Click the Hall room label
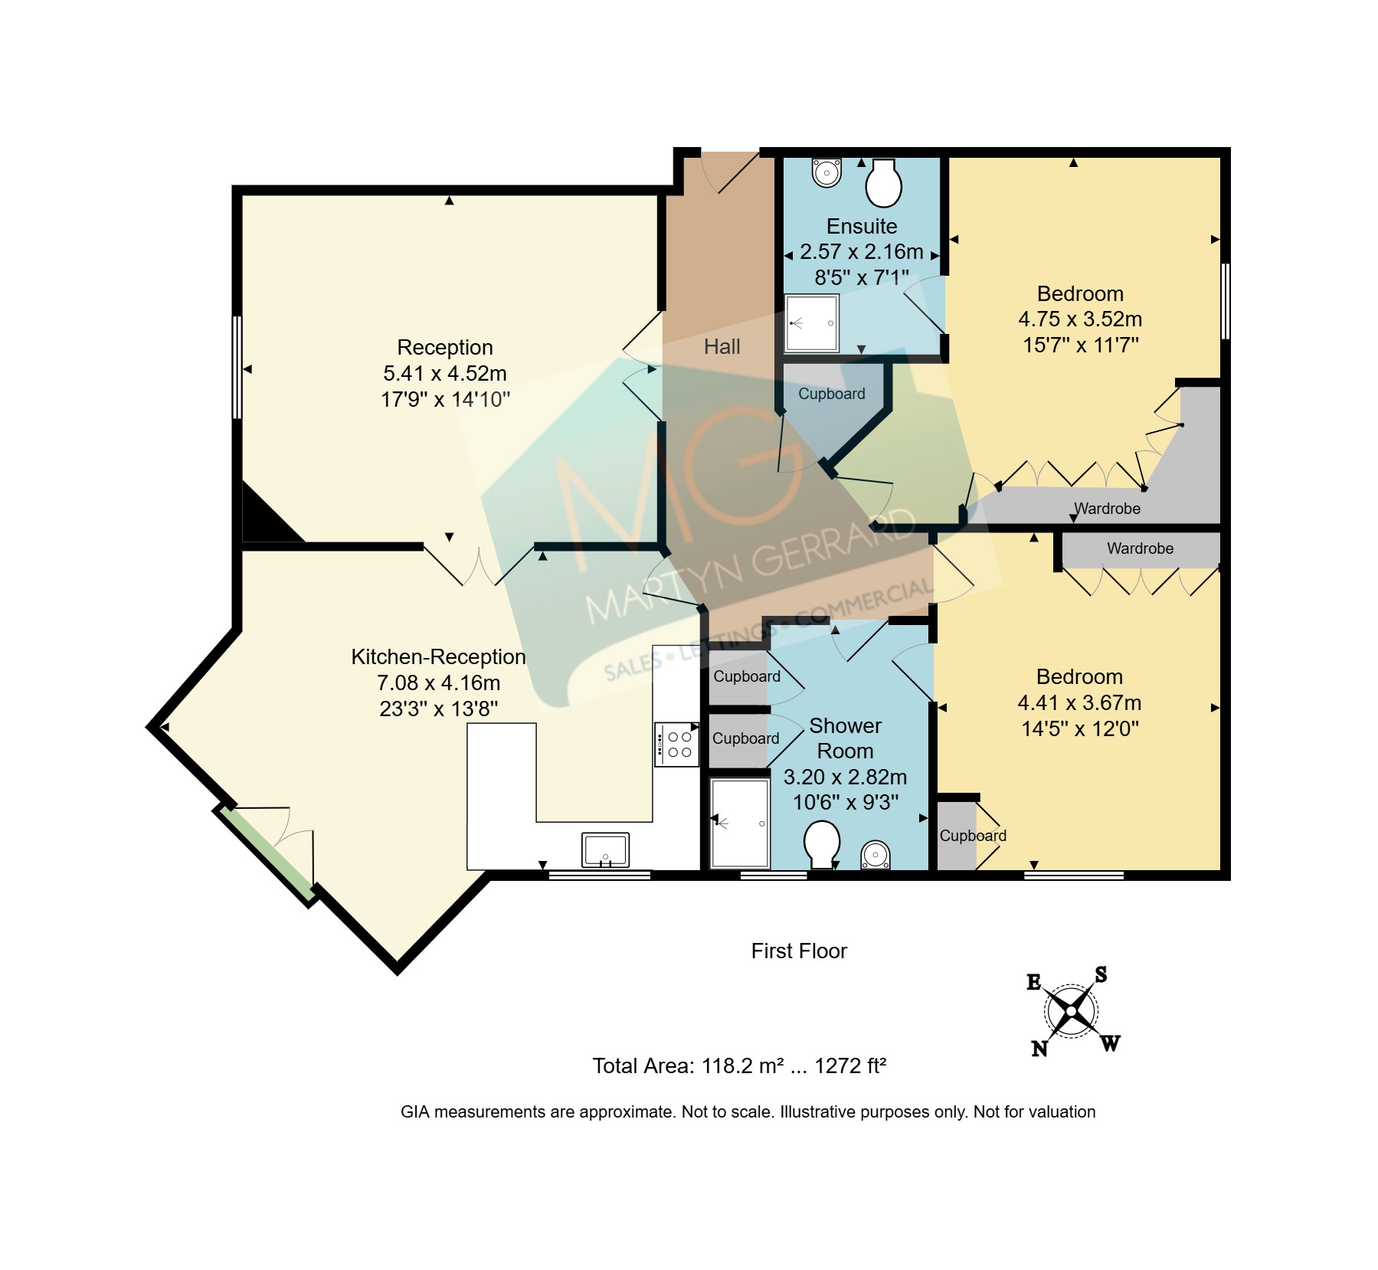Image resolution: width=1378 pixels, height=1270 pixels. point(722,347)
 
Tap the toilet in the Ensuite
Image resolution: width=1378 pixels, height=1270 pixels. point(883,182)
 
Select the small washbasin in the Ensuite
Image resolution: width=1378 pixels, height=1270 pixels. point(826,172)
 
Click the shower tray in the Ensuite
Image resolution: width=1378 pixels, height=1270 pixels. point(812,322)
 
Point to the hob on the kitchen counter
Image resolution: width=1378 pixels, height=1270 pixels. point(676,744)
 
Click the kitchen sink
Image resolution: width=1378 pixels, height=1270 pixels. point(605,850)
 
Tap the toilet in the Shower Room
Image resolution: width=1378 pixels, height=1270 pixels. point(822,845)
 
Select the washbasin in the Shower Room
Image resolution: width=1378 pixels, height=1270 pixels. point(876,855)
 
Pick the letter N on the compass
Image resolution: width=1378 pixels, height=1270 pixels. point(1039,1048)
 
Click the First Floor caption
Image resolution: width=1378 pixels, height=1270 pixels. point(799,951)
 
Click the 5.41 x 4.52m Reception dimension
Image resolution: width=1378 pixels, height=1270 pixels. point(445,374)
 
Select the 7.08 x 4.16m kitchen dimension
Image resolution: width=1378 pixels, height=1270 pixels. point(438,683)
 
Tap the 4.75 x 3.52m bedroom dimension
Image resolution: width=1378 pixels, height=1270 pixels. point(1080,319)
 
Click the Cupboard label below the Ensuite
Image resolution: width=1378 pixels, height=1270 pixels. point(832,394)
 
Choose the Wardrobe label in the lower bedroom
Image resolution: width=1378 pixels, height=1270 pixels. point(1140,548)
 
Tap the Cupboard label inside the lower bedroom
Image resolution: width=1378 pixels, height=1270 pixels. point(973,836)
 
